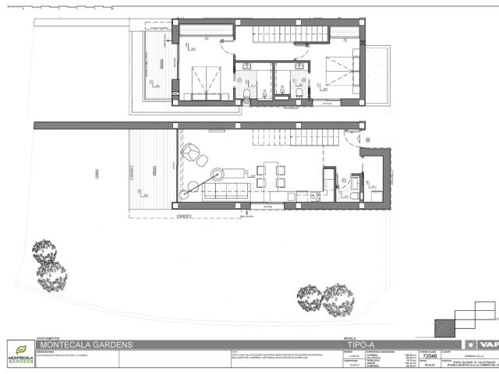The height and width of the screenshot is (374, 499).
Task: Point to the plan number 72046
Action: click(429, 356)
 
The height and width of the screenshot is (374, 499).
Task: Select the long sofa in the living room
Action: click(226, 192)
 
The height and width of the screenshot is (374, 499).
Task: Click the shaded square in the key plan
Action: click(444, 326)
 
